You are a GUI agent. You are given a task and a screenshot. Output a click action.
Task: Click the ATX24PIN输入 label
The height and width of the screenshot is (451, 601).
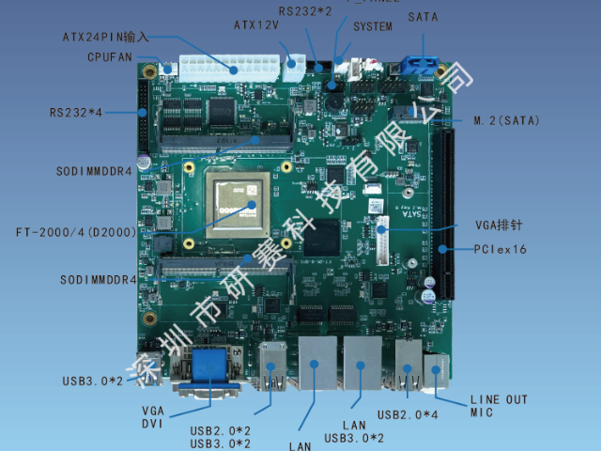pyautogui.click(x=105, y=38)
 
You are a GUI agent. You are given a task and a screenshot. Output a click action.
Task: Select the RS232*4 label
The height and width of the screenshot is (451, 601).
pyautogui.click(x=76, y=113)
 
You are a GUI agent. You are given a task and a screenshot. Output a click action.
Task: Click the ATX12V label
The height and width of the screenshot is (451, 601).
pyautogui.click(x=256, y=25)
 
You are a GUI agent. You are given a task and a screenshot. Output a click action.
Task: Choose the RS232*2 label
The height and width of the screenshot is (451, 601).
pyautogui.click(x=305, y=10)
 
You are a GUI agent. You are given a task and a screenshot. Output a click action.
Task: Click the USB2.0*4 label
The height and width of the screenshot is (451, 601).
pyautogui.click(x=407, y=414)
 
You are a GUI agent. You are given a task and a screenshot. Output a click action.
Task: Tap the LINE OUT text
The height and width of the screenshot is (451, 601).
pyautogui.click(x=499, y=399)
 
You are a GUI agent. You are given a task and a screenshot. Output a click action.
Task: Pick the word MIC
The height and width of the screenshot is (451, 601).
pyautogui.click(x=482, y=412)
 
